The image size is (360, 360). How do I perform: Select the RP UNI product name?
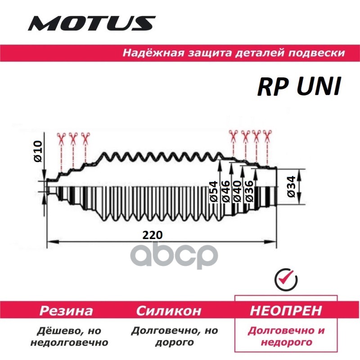(297, 85)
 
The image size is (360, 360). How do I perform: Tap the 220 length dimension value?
(153, 235)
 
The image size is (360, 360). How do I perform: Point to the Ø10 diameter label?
(38, 152)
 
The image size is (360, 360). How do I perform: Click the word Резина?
(66, 310)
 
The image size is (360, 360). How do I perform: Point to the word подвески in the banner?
(319, 53)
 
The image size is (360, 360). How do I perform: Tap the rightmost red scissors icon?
(268, 135)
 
